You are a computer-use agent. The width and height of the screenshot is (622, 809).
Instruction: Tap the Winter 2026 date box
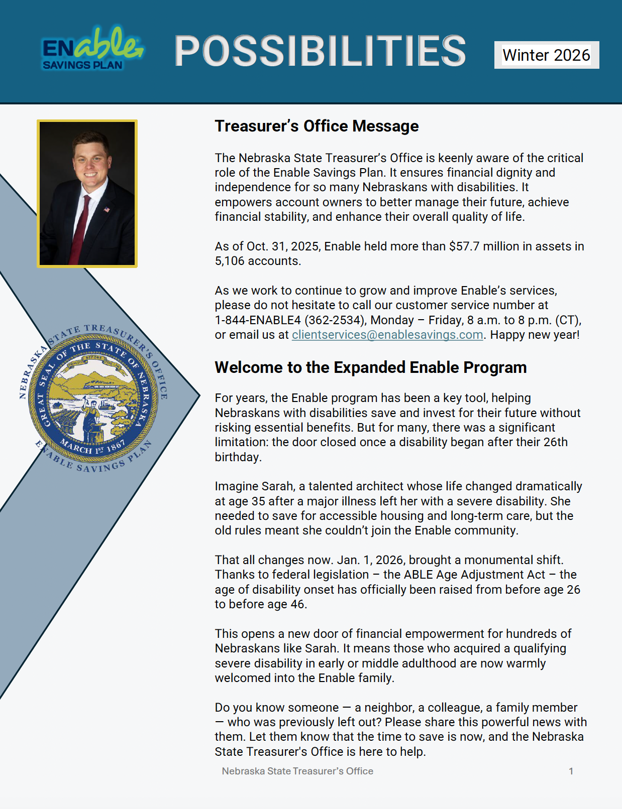[x=546, y=55]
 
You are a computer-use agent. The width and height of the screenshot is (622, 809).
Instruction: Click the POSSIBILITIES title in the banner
[x=320, y=51]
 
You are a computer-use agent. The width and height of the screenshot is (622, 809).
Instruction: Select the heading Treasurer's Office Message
[x=317, y=126]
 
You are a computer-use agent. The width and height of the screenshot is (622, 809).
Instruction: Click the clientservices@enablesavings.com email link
[x=387, y=335]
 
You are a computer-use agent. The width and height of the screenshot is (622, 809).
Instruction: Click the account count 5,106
[x=230, y=261]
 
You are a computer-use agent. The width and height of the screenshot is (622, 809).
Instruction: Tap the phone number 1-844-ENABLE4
[x=258, y=320]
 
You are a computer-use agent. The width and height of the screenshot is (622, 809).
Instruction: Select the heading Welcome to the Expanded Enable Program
[x=370, y=367]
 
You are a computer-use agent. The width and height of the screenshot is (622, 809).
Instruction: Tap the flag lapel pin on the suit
[x=107, y=209]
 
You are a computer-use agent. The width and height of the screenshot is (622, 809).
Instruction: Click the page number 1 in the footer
[x=571, y=771]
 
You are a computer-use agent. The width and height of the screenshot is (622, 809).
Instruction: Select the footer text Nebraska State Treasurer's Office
[x=297, y=771]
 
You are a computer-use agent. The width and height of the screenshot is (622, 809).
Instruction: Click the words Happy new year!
[x=535, y=335]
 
